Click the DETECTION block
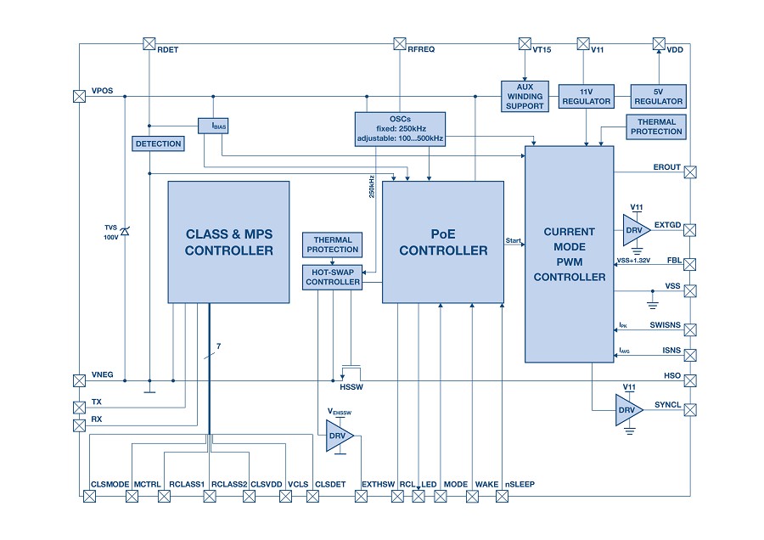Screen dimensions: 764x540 pyautogui.click(x=158, y=143)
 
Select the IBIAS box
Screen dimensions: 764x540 pyautogui.click(x=213, y=126)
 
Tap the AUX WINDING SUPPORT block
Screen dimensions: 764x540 pyautogui.click(x=525, y=96)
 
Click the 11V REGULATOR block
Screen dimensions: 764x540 pyautogui.click(x=586, y=97)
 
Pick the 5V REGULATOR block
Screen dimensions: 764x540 pyautogui.click(x=658, y=97)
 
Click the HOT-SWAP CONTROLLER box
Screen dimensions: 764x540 pyautogui.click(x=332, y=278)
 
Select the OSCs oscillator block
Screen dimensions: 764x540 pyautogui.click(x=400, y=129)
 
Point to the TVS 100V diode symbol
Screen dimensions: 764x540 pyautogui.click(x=125, y=232)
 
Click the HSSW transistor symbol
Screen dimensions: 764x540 pyautogui.click(x=351, y=373)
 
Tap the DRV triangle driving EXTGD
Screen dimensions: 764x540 pyautogui.click(x=636, y=230)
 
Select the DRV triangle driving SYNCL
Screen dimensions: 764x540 pyautogui.click(x=628, y=410)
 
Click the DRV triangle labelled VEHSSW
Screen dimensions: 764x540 pyautogui.click(x=339, y=436)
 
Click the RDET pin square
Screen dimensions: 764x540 pyautogui.click(x=149, y=44)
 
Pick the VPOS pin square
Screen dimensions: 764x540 pyautogui.click(x=80, y=97)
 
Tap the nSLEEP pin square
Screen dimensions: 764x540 pyautogui.click(x=502, y=496)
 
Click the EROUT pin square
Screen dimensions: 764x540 pyautogui.click(x=690, y=172)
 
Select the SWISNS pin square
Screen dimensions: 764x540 pyautogui.click(x=690, y=330)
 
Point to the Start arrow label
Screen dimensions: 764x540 pyautogui.click(x=513, y=240)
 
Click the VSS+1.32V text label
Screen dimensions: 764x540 pyautogui.click(x=633, y=261)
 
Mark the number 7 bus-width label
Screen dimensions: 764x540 pyautogui.click(x=219, y=346)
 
